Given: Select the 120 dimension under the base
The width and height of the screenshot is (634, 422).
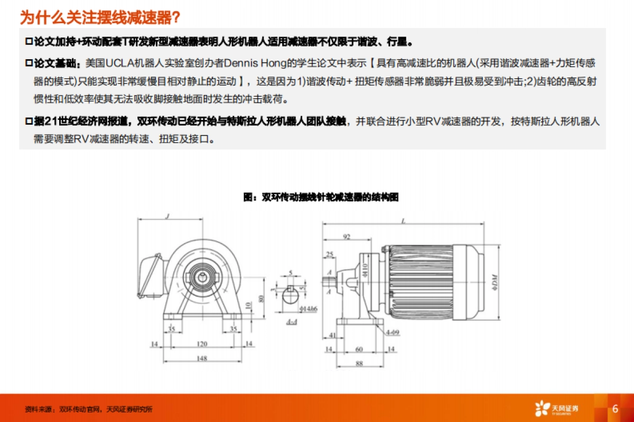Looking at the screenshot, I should [202, 344].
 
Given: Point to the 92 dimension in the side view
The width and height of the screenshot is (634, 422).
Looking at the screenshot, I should [347, 237].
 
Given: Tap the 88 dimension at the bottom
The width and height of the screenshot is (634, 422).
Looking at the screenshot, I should [359, 363].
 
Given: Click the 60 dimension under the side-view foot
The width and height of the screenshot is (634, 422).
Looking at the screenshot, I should [359, 349].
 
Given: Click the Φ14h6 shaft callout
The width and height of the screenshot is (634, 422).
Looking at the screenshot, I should [307, 308].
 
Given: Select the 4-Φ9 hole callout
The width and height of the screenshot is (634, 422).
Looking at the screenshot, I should [392, 332].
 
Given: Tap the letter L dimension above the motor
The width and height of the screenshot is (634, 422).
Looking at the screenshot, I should [404, 222].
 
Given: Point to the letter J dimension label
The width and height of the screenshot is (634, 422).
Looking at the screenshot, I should [166, 215].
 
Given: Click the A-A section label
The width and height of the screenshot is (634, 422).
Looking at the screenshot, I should [291, 322].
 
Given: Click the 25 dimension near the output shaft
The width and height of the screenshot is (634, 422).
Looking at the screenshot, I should [330, 255].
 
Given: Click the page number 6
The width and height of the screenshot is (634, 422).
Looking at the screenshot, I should [615, 409].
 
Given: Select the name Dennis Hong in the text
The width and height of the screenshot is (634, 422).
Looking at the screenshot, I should [248, 64].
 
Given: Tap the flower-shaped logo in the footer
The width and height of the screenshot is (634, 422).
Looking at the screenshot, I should [542, 409].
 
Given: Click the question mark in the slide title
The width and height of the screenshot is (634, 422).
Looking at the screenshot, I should [176, 18].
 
